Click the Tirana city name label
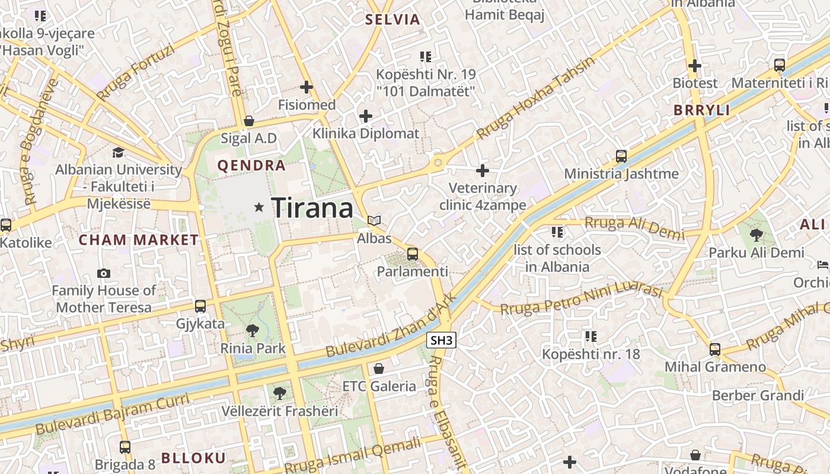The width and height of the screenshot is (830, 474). [312, 208]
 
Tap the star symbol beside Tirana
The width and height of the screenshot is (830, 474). [258, 207]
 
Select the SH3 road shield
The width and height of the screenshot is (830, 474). [442, 340]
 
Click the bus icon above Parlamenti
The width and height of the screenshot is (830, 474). [413, 254]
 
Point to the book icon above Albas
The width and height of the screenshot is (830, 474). [373, 221]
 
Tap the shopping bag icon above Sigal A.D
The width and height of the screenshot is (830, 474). [249, 121]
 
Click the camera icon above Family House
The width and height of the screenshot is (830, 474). [104, 273]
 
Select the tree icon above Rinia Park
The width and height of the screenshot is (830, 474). [253, 331]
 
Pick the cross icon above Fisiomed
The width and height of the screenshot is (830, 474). [307, 88]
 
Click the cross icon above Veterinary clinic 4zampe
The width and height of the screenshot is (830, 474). [483, 171]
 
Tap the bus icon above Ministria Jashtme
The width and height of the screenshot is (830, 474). [621, 156]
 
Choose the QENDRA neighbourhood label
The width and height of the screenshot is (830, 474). [251, 166]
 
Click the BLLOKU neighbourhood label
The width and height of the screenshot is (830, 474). [193, 458]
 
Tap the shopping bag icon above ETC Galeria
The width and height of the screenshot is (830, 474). [379, 369]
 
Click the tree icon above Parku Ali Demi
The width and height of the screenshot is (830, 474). [756, 235]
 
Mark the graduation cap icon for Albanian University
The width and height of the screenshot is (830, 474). [119, 152]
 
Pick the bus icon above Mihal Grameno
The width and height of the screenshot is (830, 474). [715, 350]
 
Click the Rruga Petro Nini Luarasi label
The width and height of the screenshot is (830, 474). [581, 300]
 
